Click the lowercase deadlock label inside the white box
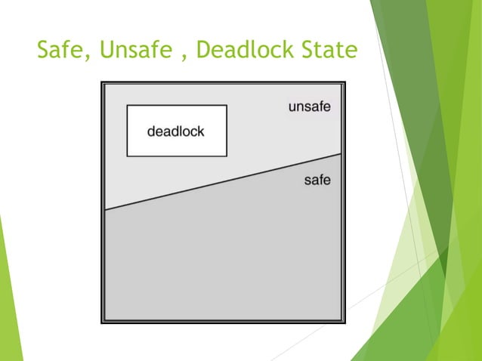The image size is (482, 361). pos(176,131)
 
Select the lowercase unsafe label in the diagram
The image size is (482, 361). pos(309,107)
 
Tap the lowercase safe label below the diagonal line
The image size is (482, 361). pos(317,180)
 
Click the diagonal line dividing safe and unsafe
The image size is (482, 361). pos(223,181)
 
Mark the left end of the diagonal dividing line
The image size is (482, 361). pos(105,209)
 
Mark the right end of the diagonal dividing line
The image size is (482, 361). pos(341,153)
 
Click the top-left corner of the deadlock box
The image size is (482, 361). pos(127,106)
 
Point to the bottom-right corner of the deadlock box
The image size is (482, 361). pos(227,156)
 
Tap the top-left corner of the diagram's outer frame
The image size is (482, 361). pos(102,82)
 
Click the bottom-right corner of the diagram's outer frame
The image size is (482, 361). pos(345,322)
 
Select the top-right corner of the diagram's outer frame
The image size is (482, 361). pos(345,82)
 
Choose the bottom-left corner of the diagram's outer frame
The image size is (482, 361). pos(102,322)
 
